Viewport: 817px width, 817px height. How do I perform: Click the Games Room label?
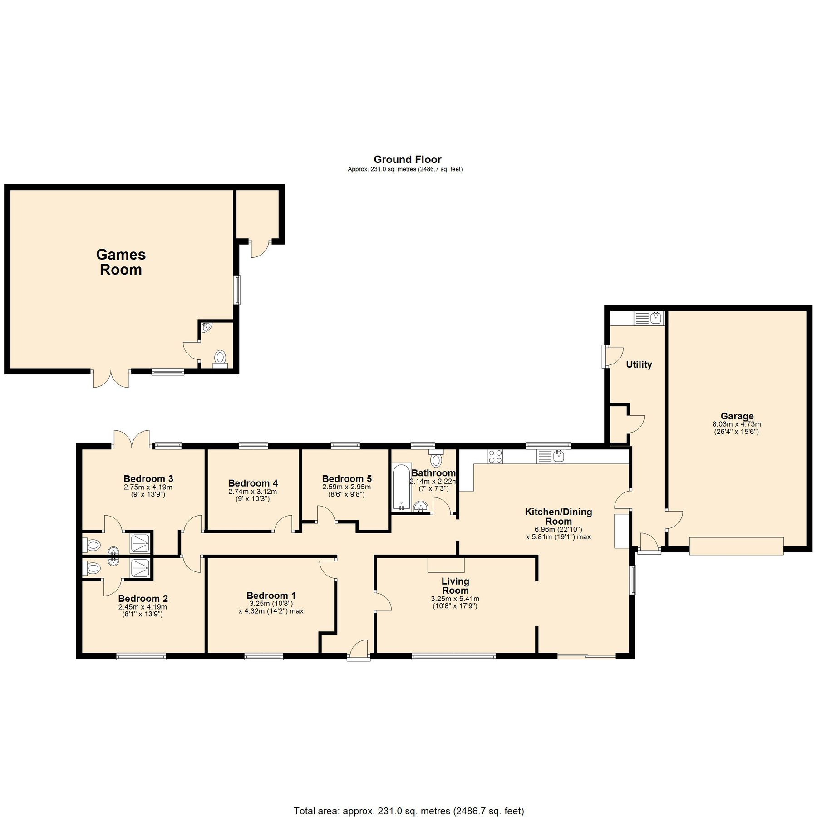pos(121,262)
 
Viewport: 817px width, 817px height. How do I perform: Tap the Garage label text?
pos(737,416)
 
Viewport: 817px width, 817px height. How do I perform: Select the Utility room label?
pos(639,364)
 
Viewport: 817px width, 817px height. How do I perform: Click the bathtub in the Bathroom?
pos(401,487)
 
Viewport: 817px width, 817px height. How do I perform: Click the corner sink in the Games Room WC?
pos(207,327)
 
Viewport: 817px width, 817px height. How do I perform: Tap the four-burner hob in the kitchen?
pos(495,456)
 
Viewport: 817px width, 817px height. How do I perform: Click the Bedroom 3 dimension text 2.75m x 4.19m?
pos(148,487)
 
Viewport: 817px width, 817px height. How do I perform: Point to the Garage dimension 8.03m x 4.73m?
pos(736,424)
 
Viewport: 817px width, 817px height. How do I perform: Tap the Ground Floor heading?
pos(407,159)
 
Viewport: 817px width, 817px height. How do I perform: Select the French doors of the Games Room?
pos(111,378)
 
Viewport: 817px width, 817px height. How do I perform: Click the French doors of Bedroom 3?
pos(132,439)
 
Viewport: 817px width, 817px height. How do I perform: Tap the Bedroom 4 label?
pos(253,483)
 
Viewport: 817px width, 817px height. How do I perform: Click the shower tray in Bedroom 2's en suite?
pos(140,568)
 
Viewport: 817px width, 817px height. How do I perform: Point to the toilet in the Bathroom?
pos(436,459)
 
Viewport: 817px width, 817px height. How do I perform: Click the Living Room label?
pos(455,586)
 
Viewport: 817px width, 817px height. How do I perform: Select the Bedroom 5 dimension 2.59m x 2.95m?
pos(346,487)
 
